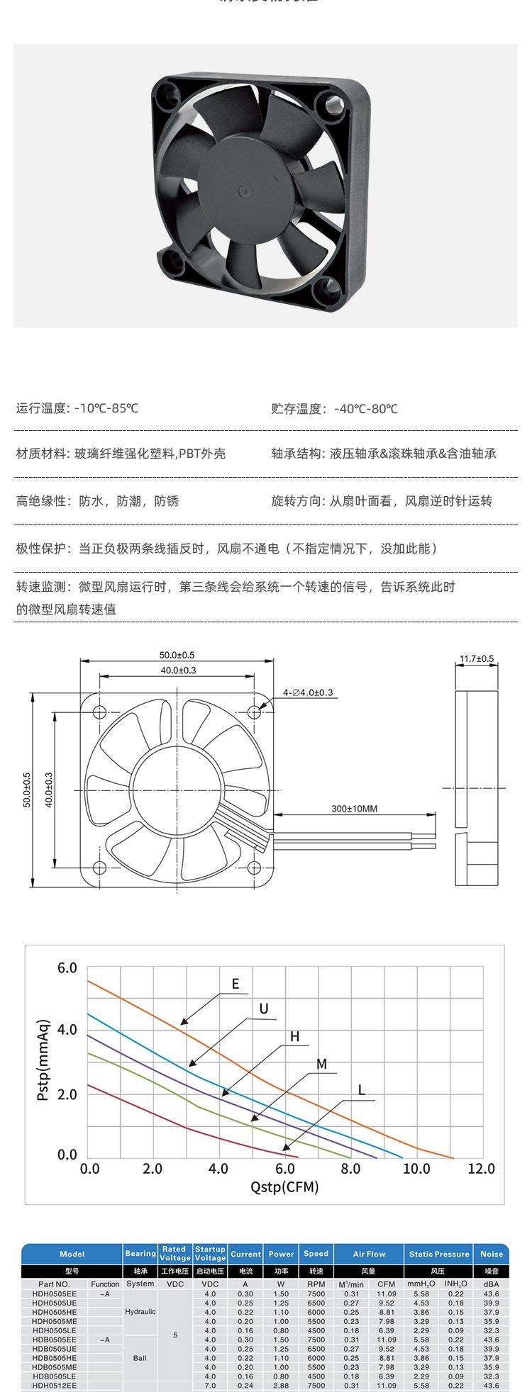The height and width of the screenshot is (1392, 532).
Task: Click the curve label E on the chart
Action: point(235,984)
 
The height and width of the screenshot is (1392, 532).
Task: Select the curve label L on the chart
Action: point(361,1090)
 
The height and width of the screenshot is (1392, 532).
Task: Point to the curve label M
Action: point(321,1064)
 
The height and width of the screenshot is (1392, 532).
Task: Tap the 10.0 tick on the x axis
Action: point(416,1169)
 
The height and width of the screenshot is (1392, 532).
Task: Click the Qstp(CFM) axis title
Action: point(285,1187)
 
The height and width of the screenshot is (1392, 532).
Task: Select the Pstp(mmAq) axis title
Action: point(43,1060)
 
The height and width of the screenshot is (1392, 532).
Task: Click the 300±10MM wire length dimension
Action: point(354,808)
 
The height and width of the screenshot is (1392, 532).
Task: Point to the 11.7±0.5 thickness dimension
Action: point(477,658)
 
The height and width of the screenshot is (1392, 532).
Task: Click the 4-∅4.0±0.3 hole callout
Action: point(308,692)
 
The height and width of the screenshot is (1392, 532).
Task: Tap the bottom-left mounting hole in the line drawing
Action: point(99,866)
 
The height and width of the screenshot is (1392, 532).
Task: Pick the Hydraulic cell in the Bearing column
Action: point(140,1312)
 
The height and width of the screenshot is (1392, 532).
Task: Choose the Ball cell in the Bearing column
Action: point(140,1358)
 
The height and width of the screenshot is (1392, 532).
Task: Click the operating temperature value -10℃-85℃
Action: point(106,409)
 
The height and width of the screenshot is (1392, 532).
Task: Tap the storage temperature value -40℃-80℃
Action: point(364,409)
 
